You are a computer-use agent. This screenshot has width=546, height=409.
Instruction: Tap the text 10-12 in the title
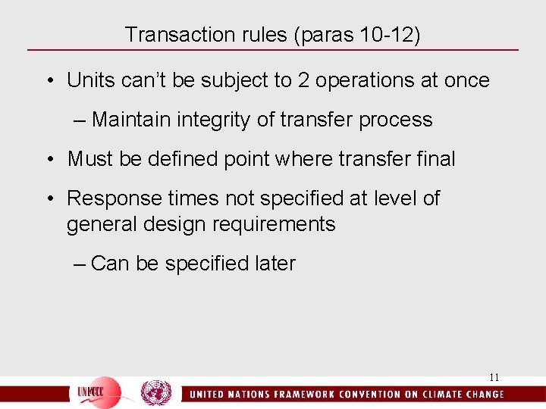[x=382, y=35]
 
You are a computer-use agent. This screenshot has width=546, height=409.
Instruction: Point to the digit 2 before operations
[x=303, y=80]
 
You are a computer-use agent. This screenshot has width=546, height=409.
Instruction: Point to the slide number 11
[x=494, y=377]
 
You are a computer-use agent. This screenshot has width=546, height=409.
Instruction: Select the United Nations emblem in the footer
[x=156, y=393]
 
